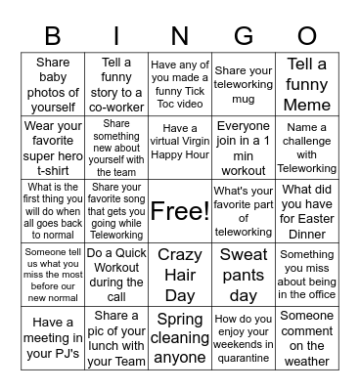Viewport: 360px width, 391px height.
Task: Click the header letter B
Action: (52, 36)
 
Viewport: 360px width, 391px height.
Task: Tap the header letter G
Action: (244, 36)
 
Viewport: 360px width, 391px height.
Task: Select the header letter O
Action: (307, 36)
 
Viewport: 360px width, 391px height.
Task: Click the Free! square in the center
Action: (180, 211)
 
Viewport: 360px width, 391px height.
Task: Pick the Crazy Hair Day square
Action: (180, 275)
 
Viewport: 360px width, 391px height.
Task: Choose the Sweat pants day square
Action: (244, 275)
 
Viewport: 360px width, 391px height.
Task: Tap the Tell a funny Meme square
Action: (307, 84)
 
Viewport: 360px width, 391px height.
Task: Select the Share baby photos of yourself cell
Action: (52, 84)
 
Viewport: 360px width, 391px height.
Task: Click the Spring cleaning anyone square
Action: (180, 338)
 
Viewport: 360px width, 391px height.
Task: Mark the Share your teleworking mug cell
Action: (244, 84)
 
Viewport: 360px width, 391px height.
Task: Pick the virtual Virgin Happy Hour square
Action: (180, 148)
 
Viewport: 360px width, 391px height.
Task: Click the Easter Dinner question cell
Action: (307, 211)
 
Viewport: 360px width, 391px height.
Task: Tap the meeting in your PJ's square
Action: (52, 338)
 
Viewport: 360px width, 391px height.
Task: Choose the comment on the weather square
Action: (307, 338)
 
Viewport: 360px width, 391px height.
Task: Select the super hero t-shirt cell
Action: (52, 148)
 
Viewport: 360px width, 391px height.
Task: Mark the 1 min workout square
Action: (244, 148)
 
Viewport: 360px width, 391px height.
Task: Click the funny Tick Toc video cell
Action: (180, 84)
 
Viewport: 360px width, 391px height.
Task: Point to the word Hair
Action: (180, 275)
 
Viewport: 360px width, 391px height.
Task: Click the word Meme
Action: (307, 104)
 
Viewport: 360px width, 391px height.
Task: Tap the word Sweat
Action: (244, 255)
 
